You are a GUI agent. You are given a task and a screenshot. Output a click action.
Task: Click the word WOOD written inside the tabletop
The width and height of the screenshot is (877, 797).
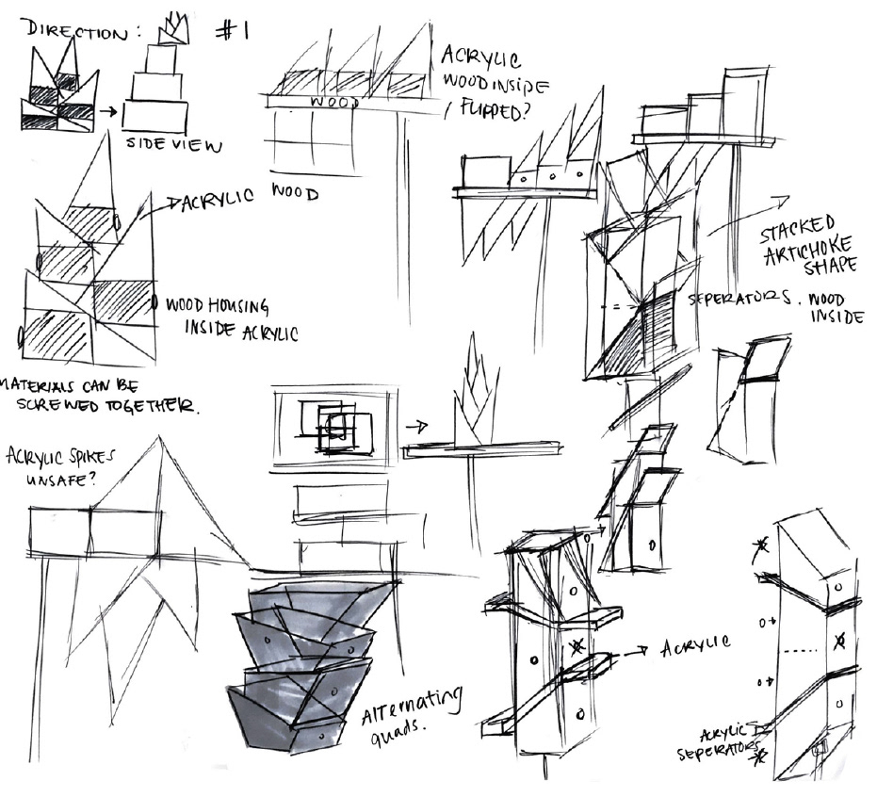[333, 102]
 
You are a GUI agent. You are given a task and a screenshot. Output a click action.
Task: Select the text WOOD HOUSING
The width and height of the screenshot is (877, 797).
[217, 307]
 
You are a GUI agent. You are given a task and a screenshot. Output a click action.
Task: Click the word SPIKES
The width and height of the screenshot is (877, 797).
[106, 459]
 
